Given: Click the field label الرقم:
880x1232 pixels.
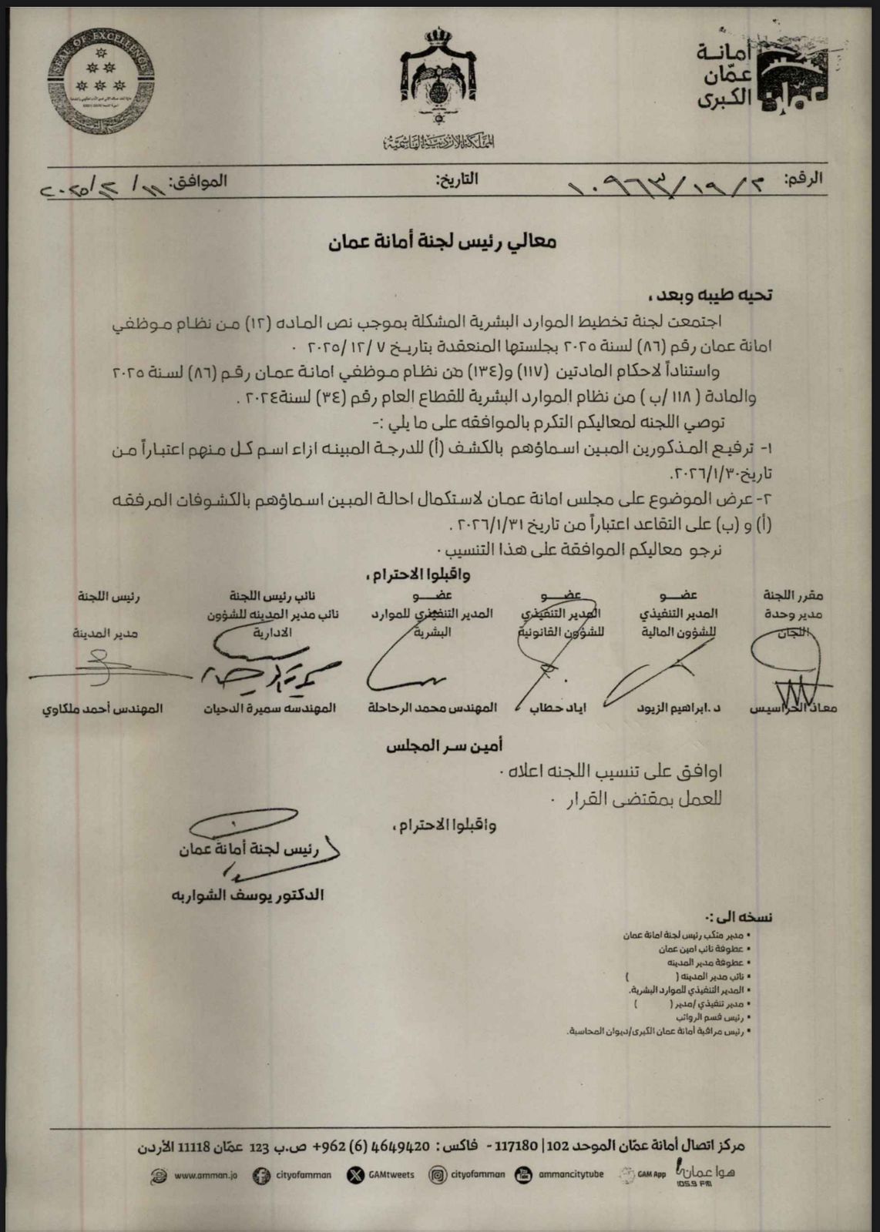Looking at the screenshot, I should point(803,179).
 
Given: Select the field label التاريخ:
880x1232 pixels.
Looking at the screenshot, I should point(457,180).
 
